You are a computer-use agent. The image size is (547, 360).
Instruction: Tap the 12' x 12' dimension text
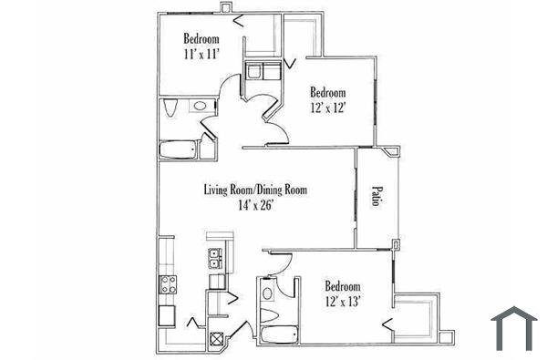coord(327,108)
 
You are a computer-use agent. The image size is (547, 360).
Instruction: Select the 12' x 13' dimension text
coord(342,301)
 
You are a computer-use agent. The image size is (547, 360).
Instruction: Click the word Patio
coord(375,199)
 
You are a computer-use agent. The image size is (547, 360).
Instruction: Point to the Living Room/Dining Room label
coord(253,190)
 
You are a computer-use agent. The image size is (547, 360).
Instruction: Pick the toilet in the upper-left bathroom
coord(171,109)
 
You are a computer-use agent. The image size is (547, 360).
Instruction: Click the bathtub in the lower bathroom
coord(276,334)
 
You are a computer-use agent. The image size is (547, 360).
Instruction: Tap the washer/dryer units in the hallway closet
coord(260,72)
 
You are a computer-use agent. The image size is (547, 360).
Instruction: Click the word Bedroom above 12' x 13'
coord(342,285)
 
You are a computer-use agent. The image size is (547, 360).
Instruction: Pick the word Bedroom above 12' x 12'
coord(327,92)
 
